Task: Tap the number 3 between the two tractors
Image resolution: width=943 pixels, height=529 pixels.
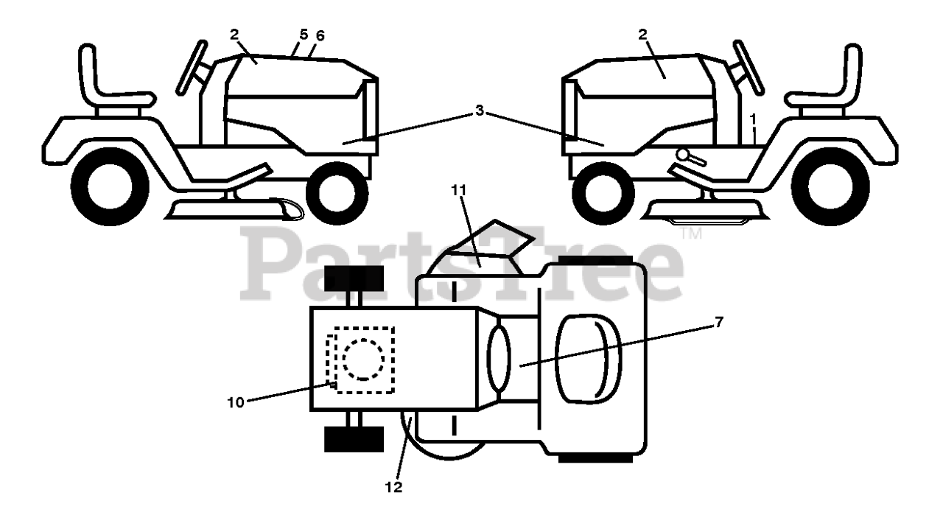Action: [x=480, y=111]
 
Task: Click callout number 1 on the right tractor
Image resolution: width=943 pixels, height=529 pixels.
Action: [x=753, y=117]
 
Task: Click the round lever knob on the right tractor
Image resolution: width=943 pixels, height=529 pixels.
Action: [x=684, y=155]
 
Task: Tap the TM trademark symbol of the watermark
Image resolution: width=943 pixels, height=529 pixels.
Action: [x=691, y=234]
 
